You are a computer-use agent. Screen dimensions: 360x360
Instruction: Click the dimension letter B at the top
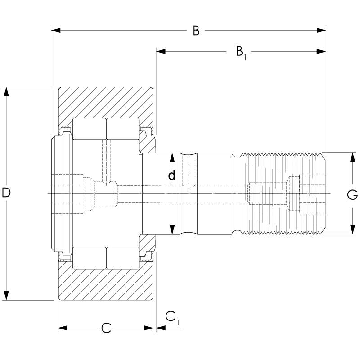pyautogui.click(x=196, y=31)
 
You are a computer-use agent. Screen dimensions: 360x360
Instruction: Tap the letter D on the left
pyautogui.click(x=6, y=193)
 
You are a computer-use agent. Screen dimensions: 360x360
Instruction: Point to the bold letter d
pyautogui.click(x=171, y=175)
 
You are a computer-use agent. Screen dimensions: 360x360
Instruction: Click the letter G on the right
pyautogui.click(x=353, y=195)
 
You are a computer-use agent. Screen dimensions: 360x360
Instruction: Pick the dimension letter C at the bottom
pyautogui.click(x=106, y=328)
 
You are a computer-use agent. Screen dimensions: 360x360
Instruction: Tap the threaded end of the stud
pyautogui.click(x=283, y=193)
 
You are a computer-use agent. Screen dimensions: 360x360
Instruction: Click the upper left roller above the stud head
pyautogui.click(x=89, y=129)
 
